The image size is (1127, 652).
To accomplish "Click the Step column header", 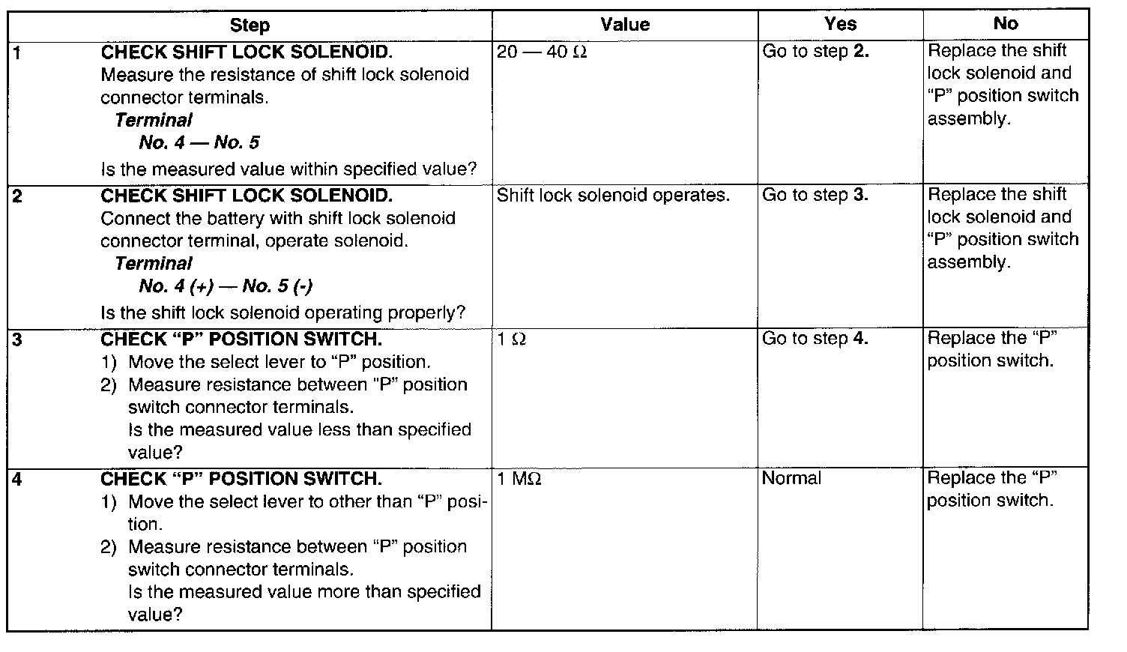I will [x=250, y=25].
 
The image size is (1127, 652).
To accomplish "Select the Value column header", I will [x=625, y=25].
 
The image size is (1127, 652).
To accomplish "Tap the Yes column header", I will [x=840, y=24].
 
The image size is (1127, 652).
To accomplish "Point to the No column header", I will [x=1005, y=24].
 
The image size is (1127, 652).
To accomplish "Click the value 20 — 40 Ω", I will [x=542, y=52].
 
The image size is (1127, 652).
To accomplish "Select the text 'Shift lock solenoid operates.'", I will [x=613, y=196].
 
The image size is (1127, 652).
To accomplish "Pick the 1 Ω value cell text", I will [x=512, y=339].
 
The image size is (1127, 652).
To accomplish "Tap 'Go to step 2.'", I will [x=815, y=52].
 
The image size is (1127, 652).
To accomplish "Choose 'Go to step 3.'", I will [x=815, y=196].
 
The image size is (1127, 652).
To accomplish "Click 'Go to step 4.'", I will [x=815, y=339].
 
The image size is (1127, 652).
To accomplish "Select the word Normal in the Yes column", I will [x=791, y=478].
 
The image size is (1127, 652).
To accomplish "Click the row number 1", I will [x=16, y=52].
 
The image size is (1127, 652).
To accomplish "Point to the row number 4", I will [x=17, y=479].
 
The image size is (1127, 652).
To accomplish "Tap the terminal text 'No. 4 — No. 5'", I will [x=199, y=142].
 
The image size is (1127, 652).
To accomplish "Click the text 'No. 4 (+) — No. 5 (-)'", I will [x=226, y=286].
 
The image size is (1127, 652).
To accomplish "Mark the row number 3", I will [x=17, y=339].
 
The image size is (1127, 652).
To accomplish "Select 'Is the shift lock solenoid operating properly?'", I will [x=283, y=313].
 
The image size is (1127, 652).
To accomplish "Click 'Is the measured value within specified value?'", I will [x=288, y=169].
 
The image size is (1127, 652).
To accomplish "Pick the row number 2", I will [x=17, y=196].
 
